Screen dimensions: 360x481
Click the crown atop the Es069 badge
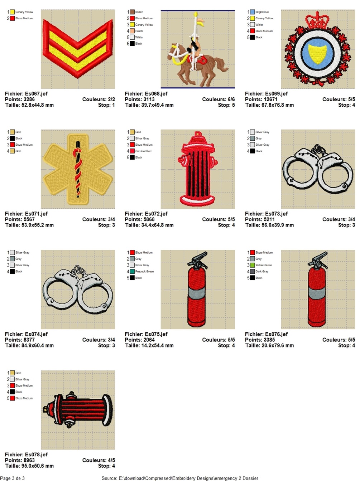[x=317, y=21]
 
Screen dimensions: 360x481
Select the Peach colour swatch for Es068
[x=132, y=31]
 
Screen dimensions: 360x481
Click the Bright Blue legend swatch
[x=252, y=12]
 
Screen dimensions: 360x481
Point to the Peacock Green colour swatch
[x=132, y=271]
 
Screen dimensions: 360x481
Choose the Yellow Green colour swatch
[x=252, y=265]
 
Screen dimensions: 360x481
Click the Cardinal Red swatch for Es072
[x=132, y=151]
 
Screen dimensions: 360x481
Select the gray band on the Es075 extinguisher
[x=197, y=293]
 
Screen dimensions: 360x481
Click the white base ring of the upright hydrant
[x=197, y=200]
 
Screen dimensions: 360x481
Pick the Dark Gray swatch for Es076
[x=252, y=271]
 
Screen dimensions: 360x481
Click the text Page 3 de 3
[x=12, y=478]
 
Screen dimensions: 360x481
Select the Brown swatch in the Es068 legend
[x=132, y=12]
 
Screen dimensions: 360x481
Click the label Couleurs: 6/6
[x=219, y=99]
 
